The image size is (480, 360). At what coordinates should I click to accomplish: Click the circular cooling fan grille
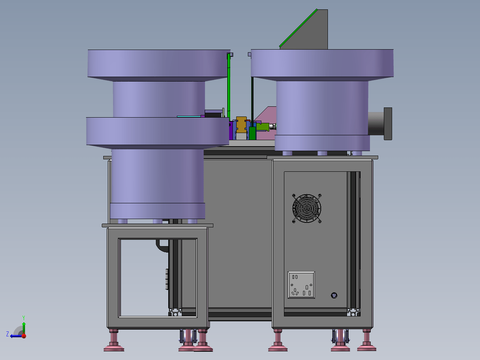[x=306, y=209]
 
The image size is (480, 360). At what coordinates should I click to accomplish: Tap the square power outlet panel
[x=301, y=285]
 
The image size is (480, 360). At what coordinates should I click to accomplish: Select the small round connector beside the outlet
[x=334, y=295]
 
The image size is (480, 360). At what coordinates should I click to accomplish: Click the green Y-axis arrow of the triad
[x=24, y=328]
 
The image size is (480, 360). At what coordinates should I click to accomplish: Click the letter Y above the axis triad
[x=24, y=318]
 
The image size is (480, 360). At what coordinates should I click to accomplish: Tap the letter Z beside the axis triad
[x=8, y=334]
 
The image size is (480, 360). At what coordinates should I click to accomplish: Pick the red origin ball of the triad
[x=24, y=336]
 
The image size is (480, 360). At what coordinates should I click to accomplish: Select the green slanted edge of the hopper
[x=298, y=28]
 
